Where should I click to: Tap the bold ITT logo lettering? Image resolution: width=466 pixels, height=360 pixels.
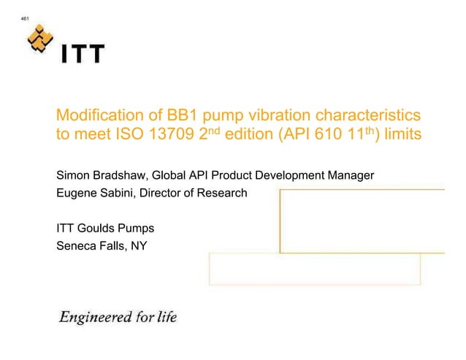point(83,55)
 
